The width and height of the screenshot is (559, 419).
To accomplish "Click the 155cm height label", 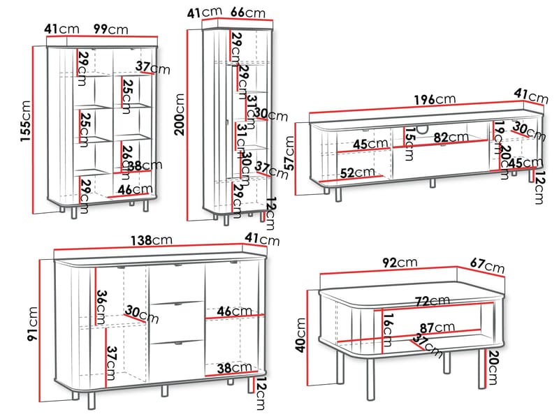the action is point(27,121).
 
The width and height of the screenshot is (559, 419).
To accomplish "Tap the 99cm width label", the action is point(110,29).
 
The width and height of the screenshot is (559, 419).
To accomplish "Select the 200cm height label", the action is point(180,115).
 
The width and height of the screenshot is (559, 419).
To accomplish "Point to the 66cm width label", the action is point(248,13).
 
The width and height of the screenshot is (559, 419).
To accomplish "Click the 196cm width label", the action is point(435,99).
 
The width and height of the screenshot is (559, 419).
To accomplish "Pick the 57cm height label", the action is point(289,153).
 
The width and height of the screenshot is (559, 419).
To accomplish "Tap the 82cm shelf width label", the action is point(451,138).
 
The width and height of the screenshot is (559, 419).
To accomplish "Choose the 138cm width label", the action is point(151,240).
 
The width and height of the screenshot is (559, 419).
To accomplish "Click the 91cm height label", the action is point(32,323).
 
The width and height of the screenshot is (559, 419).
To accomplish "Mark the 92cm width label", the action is point(400,263).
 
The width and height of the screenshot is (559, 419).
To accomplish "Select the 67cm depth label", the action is point(487,265).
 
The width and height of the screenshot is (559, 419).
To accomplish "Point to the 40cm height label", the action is point(301,335).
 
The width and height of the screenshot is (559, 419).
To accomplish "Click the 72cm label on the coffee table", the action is point(433,302).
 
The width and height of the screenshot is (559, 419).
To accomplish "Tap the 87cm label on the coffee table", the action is point(437,328).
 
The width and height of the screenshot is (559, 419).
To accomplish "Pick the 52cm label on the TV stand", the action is point(357,172).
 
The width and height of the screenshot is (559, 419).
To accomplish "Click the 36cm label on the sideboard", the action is point(101,307).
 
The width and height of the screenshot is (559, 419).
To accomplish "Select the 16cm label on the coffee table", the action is point(388,330).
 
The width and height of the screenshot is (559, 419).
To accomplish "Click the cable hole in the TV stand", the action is point(423,130).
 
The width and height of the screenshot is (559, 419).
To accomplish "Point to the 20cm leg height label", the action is point(492,368).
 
